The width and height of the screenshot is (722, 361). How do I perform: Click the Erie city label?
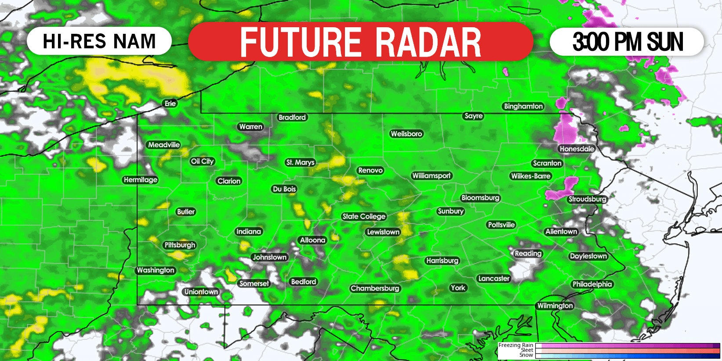pos(170,104)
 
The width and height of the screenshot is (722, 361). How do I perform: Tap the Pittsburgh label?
pos(180,245)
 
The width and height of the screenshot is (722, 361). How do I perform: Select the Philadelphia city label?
pos(592,284)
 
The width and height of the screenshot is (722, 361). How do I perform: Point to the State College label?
pos(364,217)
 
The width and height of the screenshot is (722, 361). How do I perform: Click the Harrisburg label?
pos(442,260)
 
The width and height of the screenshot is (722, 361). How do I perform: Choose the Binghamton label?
pos(523,106)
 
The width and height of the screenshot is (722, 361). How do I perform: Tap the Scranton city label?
pos(547,163)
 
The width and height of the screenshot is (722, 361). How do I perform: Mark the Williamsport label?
pos(432,176)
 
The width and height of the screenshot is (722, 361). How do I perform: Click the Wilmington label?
pos(555,306)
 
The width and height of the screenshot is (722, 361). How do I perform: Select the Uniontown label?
pos(201,292)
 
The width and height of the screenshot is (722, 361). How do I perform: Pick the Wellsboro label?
pos(406,134)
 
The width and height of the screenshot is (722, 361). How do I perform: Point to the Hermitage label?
pos(141,180)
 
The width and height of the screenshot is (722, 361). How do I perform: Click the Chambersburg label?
pos(375,288)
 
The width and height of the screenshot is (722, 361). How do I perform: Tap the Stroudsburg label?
pos(588,199)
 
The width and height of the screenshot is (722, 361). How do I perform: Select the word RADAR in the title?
pos(428,42)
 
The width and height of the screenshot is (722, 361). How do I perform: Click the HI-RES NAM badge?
pos(99,41)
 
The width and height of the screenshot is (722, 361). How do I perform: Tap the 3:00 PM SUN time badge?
pos(628,42)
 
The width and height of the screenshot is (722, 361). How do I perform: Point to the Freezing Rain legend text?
pos(515,345)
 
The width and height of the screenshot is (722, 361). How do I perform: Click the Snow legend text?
pos(526,355)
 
